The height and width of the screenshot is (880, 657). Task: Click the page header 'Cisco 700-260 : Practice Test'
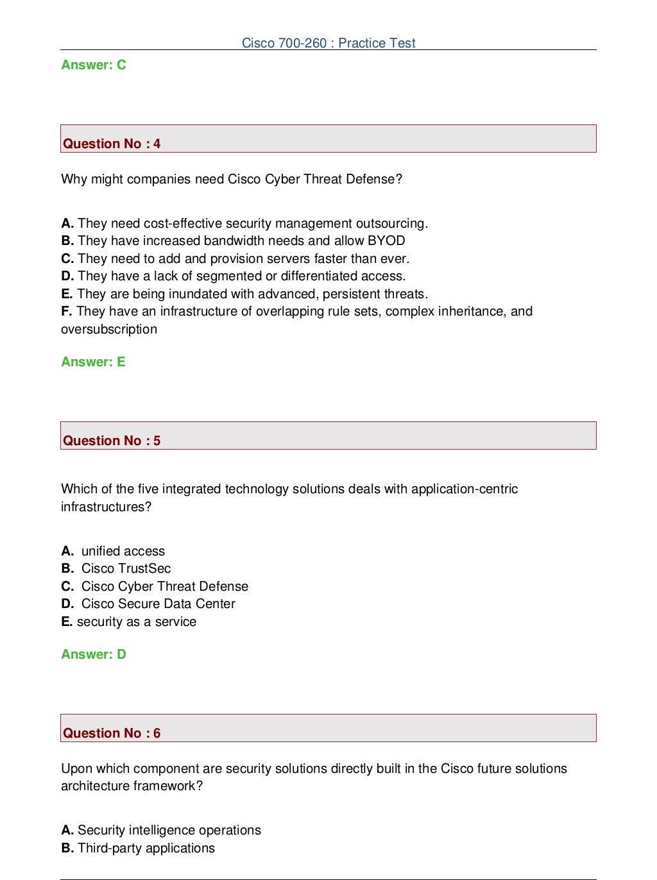point(328,43)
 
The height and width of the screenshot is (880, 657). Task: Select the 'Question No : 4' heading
point(112,144)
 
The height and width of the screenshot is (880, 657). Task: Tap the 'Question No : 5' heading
point(112,441)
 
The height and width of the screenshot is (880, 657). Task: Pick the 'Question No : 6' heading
point(112,733)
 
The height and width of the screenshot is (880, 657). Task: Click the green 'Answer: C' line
point(94,65)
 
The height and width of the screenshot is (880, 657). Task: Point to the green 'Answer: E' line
point(93,362)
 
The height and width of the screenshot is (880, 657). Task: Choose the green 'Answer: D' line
point(94,654)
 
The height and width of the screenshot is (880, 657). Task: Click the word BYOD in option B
point(386,241)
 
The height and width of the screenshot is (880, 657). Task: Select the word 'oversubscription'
point(109,329)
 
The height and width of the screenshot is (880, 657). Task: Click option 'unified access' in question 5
point(123,551)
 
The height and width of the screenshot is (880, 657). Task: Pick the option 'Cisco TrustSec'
point(126,568)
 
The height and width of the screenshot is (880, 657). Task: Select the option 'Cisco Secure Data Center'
point(158,604)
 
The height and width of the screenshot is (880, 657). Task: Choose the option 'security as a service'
point(136,622)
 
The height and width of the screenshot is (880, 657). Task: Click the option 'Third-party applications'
point(146,848)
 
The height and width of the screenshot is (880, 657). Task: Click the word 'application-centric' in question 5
point(465,489)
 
